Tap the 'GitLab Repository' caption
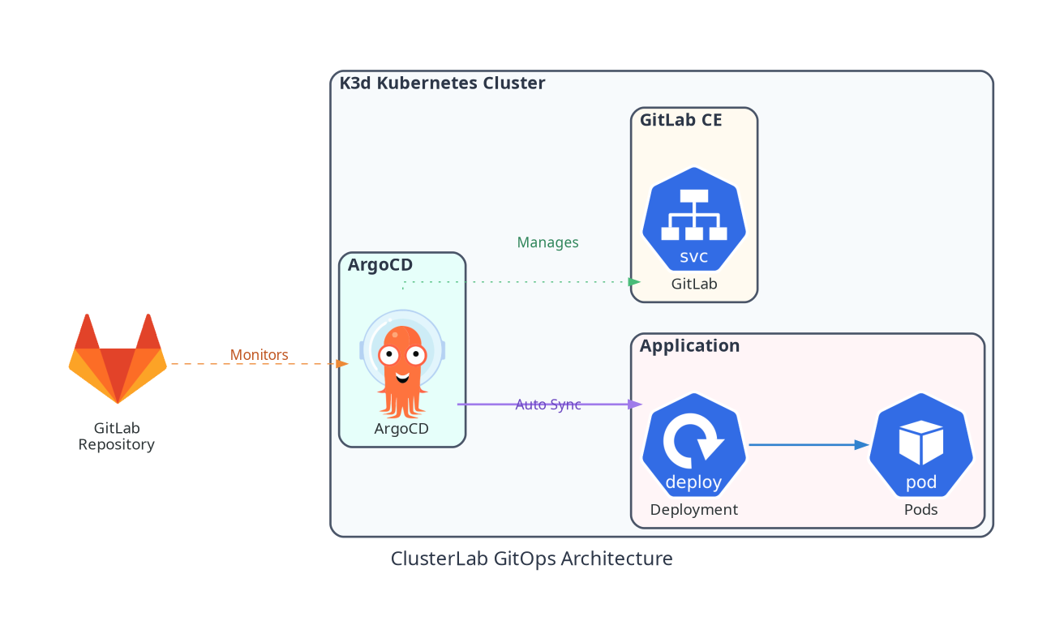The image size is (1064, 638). pyautogui.click(x=116, y=436)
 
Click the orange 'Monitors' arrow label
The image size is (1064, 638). pyautogui.click(x=259, y=355)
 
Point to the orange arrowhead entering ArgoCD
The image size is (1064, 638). pyautogui.click(x=342, y=364)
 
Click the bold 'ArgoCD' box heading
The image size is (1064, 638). pyautogui.click(x=380, y=265)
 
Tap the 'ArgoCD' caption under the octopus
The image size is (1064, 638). pyautogui.click(x=401, y=429)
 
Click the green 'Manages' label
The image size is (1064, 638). pyautogui.click(x=547, y=242)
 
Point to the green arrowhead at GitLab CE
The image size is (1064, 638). pyautogui.click(x=635, y=281)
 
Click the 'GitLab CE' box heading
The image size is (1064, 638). pyautogui.click(x=680, y=121)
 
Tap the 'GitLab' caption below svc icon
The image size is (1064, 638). pyautogui.click(x=694, y=285)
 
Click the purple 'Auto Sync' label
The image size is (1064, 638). pyautogui.click(x=548, y=405)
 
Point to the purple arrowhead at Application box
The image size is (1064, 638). pyautogui.click(x=636, y=404)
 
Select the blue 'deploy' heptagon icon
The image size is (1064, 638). pyautogui.click(x=694, y=445)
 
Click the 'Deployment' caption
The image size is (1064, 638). pyautogui.click(x=694, y=510)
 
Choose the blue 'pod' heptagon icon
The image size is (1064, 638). pyautogui.click(x=920, y=445)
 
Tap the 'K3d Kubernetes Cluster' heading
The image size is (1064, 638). pyautogui.click(x=442, y=83)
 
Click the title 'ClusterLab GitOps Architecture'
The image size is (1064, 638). pyautogui.click(x=531, y=559)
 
